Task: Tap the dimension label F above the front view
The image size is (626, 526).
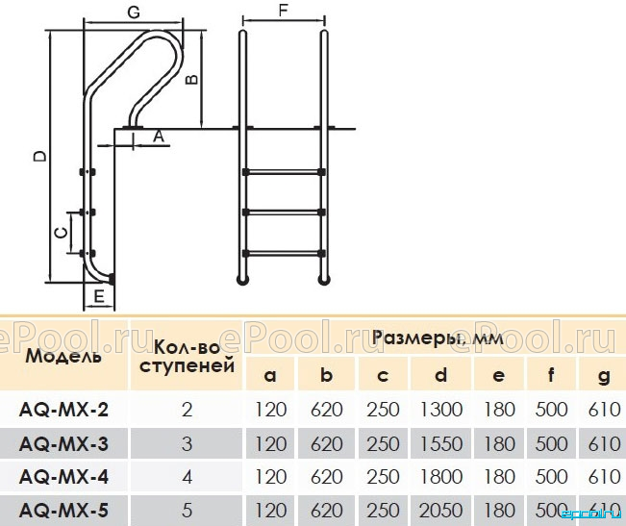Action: (x=283, y=10)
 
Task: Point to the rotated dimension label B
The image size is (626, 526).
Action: (x=192, y=80)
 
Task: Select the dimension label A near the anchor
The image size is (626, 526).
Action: (x=159, y=137)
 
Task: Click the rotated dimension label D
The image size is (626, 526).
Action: (x=39, y=157)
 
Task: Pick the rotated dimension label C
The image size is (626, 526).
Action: (x=62, y=233)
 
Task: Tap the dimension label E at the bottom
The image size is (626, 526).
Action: (x=99, y=296)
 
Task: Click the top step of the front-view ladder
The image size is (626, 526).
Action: (x=284, y=172)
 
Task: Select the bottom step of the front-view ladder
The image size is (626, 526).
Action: (x=284, y=253)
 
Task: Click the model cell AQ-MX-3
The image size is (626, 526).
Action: (x=63, y=444)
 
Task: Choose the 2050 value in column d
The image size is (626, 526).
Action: (x=440, y=510)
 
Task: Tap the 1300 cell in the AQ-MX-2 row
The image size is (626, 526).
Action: (x=441, y=409)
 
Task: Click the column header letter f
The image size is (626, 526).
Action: (x=551, y=375)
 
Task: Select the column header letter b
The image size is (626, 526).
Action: (x=326, y=375)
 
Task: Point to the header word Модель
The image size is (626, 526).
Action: (x=63, y=356)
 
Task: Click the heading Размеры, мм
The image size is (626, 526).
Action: (x=438, y=338)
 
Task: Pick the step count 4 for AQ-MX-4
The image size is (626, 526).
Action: (x=187, y=477)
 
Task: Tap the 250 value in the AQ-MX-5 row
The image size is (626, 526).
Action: (x=383, y=510)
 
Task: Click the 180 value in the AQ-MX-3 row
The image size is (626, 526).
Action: (x=499, y=444)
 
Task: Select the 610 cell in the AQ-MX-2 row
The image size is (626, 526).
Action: (x=604, y=409)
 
